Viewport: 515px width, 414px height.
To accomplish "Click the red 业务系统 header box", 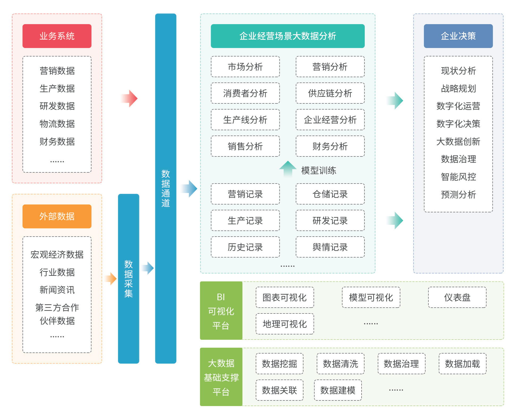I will (x=57, y=36).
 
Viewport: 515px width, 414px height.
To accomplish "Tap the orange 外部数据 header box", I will (x=57, y=216).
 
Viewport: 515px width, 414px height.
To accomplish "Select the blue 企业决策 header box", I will (x=458, y=36).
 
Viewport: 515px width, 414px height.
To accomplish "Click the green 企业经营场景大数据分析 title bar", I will (x=287, y=36).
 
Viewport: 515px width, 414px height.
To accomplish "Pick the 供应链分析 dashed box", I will (x=330, y=93).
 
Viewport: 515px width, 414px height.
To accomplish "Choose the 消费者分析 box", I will (x=245, y=93).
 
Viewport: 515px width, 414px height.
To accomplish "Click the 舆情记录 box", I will (x=330, y=247).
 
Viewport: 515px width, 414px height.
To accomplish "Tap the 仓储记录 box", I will (x=330, y=194).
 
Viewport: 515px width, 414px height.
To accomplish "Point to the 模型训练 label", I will (x=319, y=170).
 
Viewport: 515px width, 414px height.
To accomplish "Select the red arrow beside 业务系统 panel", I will (x=129, y=98).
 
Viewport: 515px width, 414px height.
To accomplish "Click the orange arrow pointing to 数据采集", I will (x=111, y=278).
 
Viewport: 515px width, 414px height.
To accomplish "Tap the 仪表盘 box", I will (x=457, y=297).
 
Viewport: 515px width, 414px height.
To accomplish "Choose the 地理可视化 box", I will (x=285, y=324).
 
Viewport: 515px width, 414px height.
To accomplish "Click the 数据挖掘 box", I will (x=279, y=364).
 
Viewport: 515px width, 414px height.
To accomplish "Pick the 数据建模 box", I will (x=338, y=390).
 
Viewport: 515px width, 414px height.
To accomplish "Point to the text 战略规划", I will (x=458, y=88).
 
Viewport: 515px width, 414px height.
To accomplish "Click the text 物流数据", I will (x=57, y=124).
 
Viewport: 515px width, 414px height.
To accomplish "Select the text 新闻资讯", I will (x=57, y=290).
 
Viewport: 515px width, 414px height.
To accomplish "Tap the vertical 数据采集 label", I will (x=128, y=278).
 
